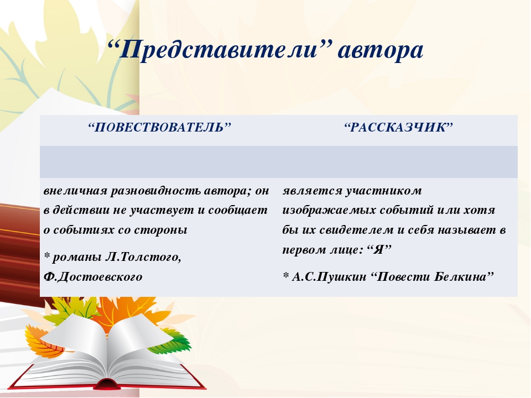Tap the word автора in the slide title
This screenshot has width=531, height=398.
(x=381, y=51)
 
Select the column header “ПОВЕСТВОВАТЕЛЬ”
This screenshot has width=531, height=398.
(x=159, y=128)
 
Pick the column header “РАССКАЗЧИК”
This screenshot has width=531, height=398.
(x=398, y=128)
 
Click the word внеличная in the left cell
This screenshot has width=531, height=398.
(x=75, y=191)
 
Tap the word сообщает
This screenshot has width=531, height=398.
(x=238, y=211)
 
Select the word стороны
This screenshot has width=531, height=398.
(x=160, y=230)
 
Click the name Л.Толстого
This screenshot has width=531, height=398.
(x=144, y=257)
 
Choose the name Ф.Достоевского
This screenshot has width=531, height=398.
(x=93, y=277)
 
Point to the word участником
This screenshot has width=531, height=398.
(x=384, y=191)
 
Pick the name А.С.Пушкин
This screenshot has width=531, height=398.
(x=329, y=277)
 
